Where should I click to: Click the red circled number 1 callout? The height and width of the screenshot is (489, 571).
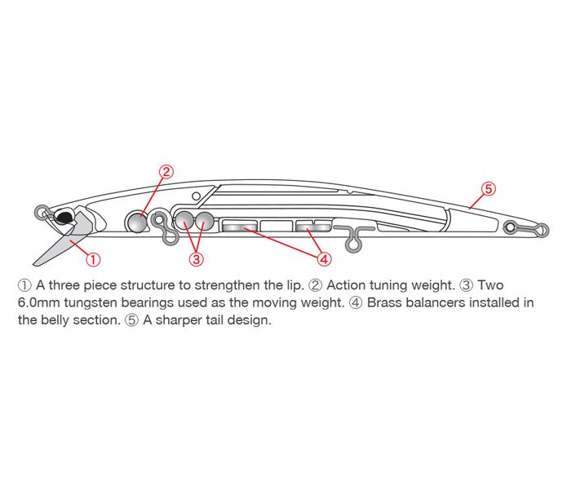click(93, 260)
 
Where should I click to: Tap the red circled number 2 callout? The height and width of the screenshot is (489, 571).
click(166, 171)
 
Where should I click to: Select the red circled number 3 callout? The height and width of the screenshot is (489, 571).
click(197, 259)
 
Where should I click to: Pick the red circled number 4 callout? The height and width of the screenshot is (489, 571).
click(324, 259)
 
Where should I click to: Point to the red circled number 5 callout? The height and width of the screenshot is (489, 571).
click(489, 189)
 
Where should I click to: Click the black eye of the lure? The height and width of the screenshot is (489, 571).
click(64, 218)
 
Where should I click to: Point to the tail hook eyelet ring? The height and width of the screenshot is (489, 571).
click(542, 230)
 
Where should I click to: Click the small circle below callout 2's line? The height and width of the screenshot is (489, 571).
click(196, 196)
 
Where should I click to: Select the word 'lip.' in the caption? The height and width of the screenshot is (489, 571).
click(294, 285)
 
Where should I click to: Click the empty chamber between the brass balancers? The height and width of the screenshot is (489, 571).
click(277, 226)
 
